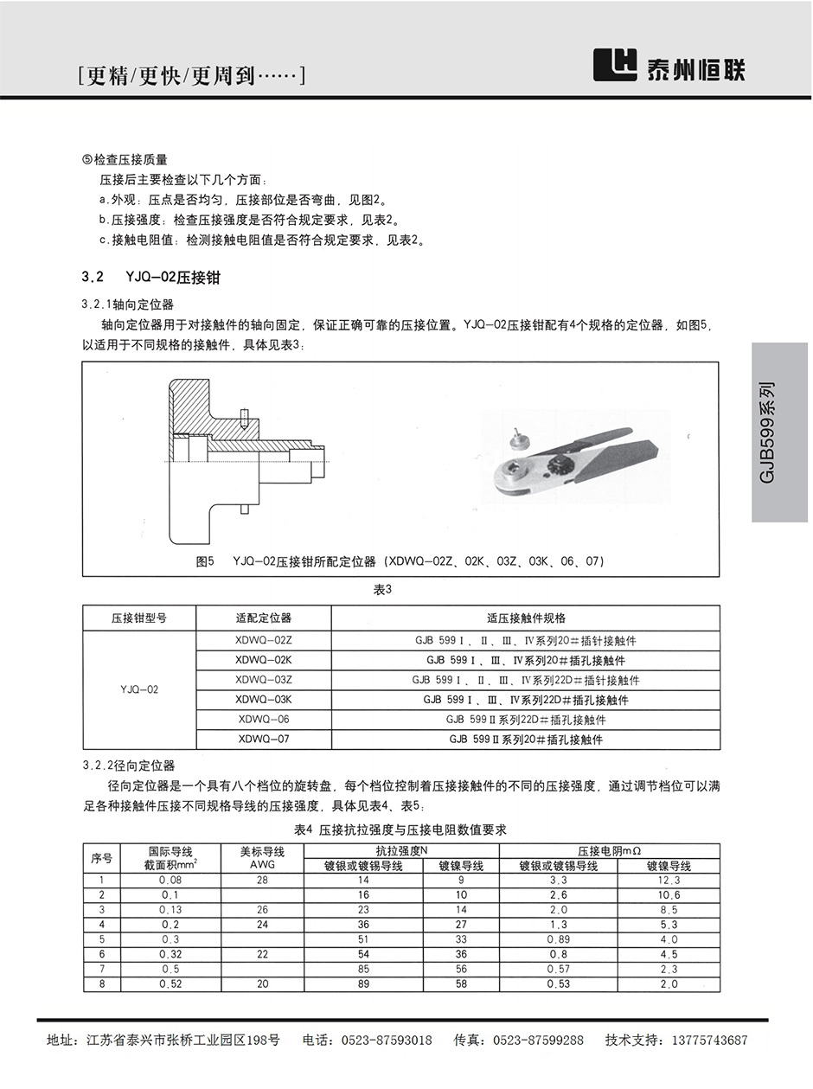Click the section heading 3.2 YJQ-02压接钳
pos(157,278)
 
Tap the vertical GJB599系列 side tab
pos(779,432)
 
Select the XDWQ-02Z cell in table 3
pos(264,641)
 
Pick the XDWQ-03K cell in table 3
pos(264,700)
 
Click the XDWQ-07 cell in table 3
pos(264,740)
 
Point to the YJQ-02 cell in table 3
pos(139,690)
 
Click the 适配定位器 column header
pos(264,618)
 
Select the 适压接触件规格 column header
pos(525,618)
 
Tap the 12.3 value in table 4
pos(669,880)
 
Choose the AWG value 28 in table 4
pos(262,880)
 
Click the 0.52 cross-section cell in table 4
pos(170,983)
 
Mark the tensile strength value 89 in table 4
pos(363,983)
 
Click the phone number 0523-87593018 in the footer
pos(387,1041)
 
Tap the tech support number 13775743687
pos(704,1041)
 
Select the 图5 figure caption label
pos(205,561)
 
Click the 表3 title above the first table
pos(382,589)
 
